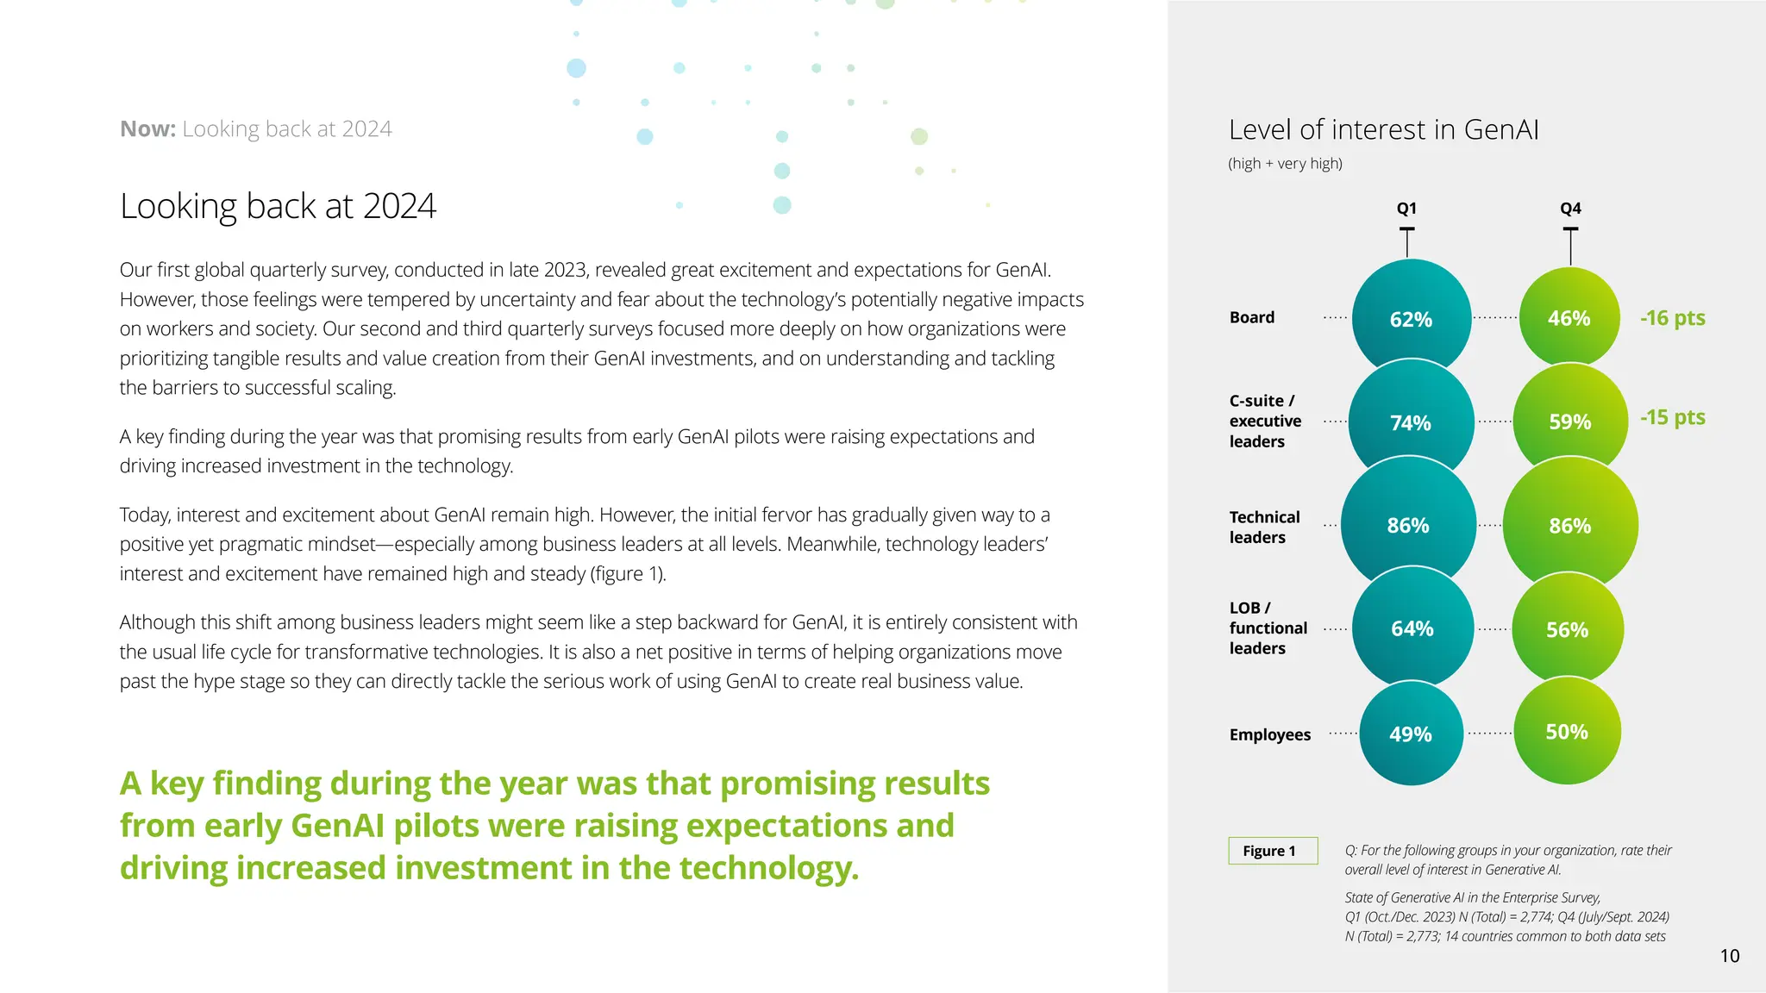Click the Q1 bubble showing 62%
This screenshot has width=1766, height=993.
coord(1411,319)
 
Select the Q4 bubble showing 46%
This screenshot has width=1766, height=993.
coord(1569,318)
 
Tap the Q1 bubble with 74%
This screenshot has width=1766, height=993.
coord(1411,422)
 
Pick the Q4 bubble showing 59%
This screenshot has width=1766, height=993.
coord(1569,422)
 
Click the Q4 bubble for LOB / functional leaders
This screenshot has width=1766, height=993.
coord(1568,629)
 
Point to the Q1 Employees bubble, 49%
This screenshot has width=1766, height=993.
coord(1411,734)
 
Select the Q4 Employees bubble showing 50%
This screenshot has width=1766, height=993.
coord(1567,732)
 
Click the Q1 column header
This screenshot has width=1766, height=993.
coord(1406,209)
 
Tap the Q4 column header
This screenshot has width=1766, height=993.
coord(1570,209)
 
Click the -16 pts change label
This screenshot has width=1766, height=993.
coord(1672,318)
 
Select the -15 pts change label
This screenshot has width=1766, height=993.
coord(1672,417)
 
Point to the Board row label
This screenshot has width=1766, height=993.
coord(1252,317)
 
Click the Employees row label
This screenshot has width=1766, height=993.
coord(1269,734)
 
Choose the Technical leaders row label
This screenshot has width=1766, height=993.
coord(1264,527)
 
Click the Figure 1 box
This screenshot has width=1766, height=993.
coord(1273,851)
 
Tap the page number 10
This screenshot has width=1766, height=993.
coord(1729,955)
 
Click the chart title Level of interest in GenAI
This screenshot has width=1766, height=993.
coord(1383,129)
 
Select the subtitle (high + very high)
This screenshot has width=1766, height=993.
coord(1285,164)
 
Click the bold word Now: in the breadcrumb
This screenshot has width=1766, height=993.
coord(147,129)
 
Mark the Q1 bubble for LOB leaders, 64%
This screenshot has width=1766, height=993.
coord(1412,628)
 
